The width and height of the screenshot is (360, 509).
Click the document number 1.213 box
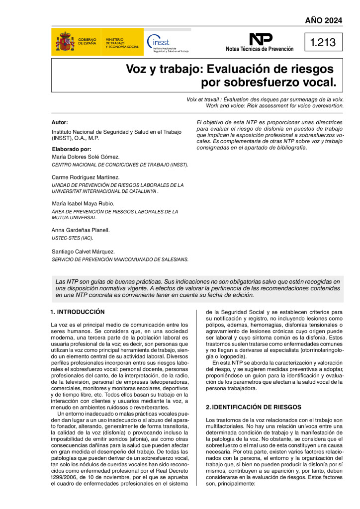pos(323,43)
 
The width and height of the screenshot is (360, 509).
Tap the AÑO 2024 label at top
pos(324,20)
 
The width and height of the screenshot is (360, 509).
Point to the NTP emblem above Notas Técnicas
pos(260,39)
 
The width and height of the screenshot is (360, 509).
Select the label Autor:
pos(60,122)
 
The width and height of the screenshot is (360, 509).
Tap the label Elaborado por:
pos(72,149)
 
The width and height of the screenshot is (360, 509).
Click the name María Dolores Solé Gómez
pos(86,157)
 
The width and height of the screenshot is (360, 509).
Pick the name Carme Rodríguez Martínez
pos(86,177)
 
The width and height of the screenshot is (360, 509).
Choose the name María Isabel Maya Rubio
pos(83,203)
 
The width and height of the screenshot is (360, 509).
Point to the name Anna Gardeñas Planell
pos(80,230)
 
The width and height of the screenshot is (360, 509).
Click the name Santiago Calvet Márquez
pos(83,252)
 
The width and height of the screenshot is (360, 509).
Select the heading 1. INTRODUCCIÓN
pos(78,312)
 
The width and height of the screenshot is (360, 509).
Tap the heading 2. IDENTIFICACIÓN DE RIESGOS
pos(254,407)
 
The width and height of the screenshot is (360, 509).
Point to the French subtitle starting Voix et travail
pos(265,99)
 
